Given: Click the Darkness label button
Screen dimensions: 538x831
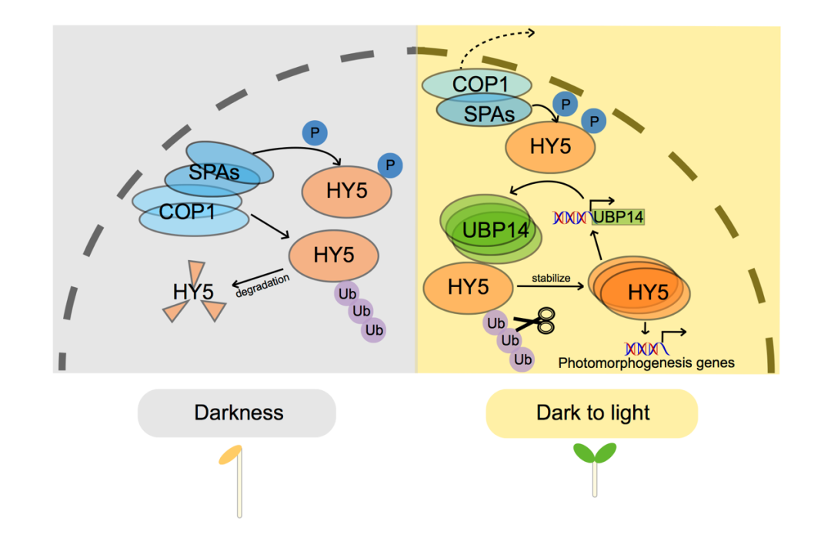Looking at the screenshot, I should pyautogui.click(x=237, y=413).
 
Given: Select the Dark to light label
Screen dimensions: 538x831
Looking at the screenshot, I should pyautogui.click(x=592, y=413).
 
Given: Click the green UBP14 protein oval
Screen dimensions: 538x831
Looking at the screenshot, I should pyautogui.click(x=490, y=230).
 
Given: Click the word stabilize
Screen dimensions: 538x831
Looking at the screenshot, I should pyautogui.click(x=551, y=278).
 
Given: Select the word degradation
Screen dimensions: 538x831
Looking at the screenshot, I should pyautogui.click(x=264, y=282).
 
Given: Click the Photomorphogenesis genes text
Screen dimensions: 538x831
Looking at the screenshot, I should pyautogui.click(x=646, y=363).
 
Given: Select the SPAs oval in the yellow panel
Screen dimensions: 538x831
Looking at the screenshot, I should pyautogui.click(x=486, y=112).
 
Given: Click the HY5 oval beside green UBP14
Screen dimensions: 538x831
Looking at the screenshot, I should pyautogui.click(x=469, y=287).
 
